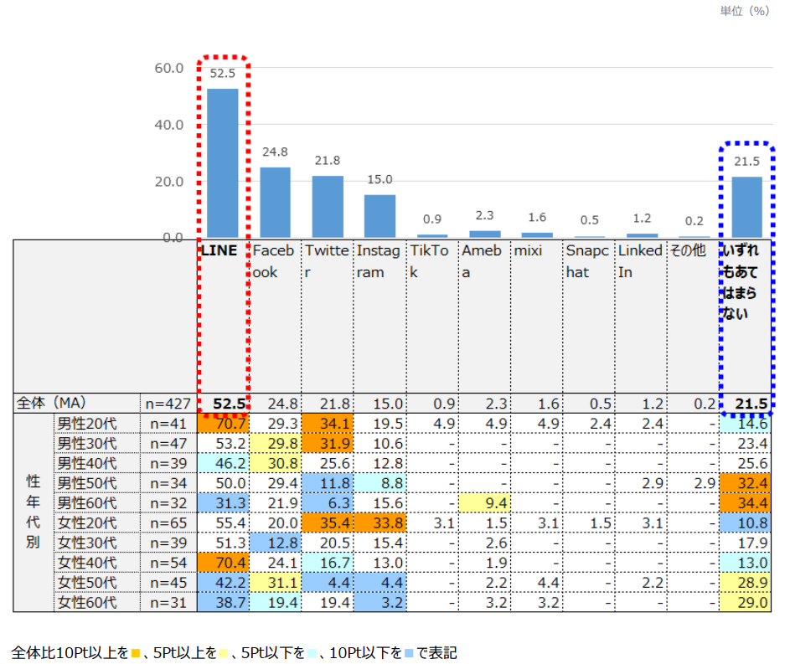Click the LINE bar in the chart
[223, 162]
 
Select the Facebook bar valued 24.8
[275, 202]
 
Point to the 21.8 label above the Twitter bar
[327, 161]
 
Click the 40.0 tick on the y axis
[169, 125]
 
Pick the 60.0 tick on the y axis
[169, 68]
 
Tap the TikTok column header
[430, 261]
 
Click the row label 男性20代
[86, 423]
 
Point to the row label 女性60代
[86, 601]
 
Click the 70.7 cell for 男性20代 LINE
[223, 423]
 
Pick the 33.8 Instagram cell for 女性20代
[380, 522]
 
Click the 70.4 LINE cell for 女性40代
[223, 562]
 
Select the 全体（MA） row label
[52, 404]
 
